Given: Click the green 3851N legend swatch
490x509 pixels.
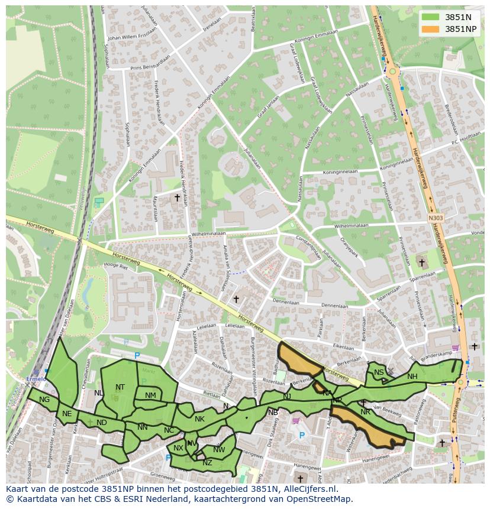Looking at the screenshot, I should pyautogui.click(x=431, y=17).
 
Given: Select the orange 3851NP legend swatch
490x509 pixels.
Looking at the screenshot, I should pyautogui.click(x=431, y=29).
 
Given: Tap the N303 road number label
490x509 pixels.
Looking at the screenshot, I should pyautogui.click(x=436, y=218).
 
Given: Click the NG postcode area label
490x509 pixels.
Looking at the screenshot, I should pyautogui.click(x=44, y=400).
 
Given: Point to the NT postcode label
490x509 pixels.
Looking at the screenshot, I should pyautogui.click(x=120, y=387).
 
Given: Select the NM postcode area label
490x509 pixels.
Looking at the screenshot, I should pyautogui.click(x=150, y=395).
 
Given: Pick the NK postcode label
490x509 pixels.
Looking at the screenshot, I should pyautogui.click(x=199, y=419).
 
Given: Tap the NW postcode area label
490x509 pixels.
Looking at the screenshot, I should pyautogui.click(x=219, y=450).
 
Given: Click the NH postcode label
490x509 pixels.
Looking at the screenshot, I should pyautogui.click(x=412, y=377).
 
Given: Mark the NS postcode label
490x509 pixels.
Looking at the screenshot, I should pyautogui.click(x=379, y=372).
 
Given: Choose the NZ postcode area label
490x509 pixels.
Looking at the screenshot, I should pyautogui.click(x=207, y=463).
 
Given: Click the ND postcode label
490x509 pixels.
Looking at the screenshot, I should pyautogui.click(x=102, y=423).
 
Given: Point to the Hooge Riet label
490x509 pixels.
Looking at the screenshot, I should pyautogui.click(x=115, y=266).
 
